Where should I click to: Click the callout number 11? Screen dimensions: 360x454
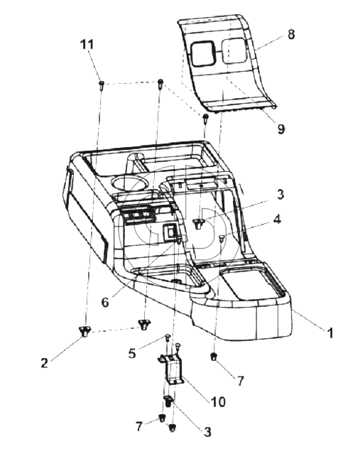(87, 45)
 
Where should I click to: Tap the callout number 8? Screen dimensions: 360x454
(291, 34)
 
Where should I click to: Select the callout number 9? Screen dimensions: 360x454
(281, 129)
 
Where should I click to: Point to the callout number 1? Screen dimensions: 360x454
(329, 333)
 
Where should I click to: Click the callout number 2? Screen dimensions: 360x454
(44, 363)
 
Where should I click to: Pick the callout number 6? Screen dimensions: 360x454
(105, 302)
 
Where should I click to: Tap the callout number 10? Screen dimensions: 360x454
(218, 401)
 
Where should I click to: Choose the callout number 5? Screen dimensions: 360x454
(132, 354)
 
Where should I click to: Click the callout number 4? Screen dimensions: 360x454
(277, 220)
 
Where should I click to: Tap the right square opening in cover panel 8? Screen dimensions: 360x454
(234, 51)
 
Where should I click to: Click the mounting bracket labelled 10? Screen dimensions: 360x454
(171, 369)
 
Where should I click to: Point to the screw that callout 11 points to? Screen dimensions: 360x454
(101, 85)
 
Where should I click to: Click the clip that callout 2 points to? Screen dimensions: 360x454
(84, 330)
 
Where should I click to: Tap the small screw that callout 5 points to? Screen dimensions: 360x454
(168, 337)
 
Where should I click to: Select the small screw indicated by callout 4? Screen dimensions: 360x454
(222, 239)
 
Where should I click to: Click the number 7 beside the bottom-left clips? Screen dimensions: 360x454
(139, 426)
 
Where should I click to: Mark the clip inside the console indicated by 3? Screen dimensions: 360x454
(198, 224)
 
